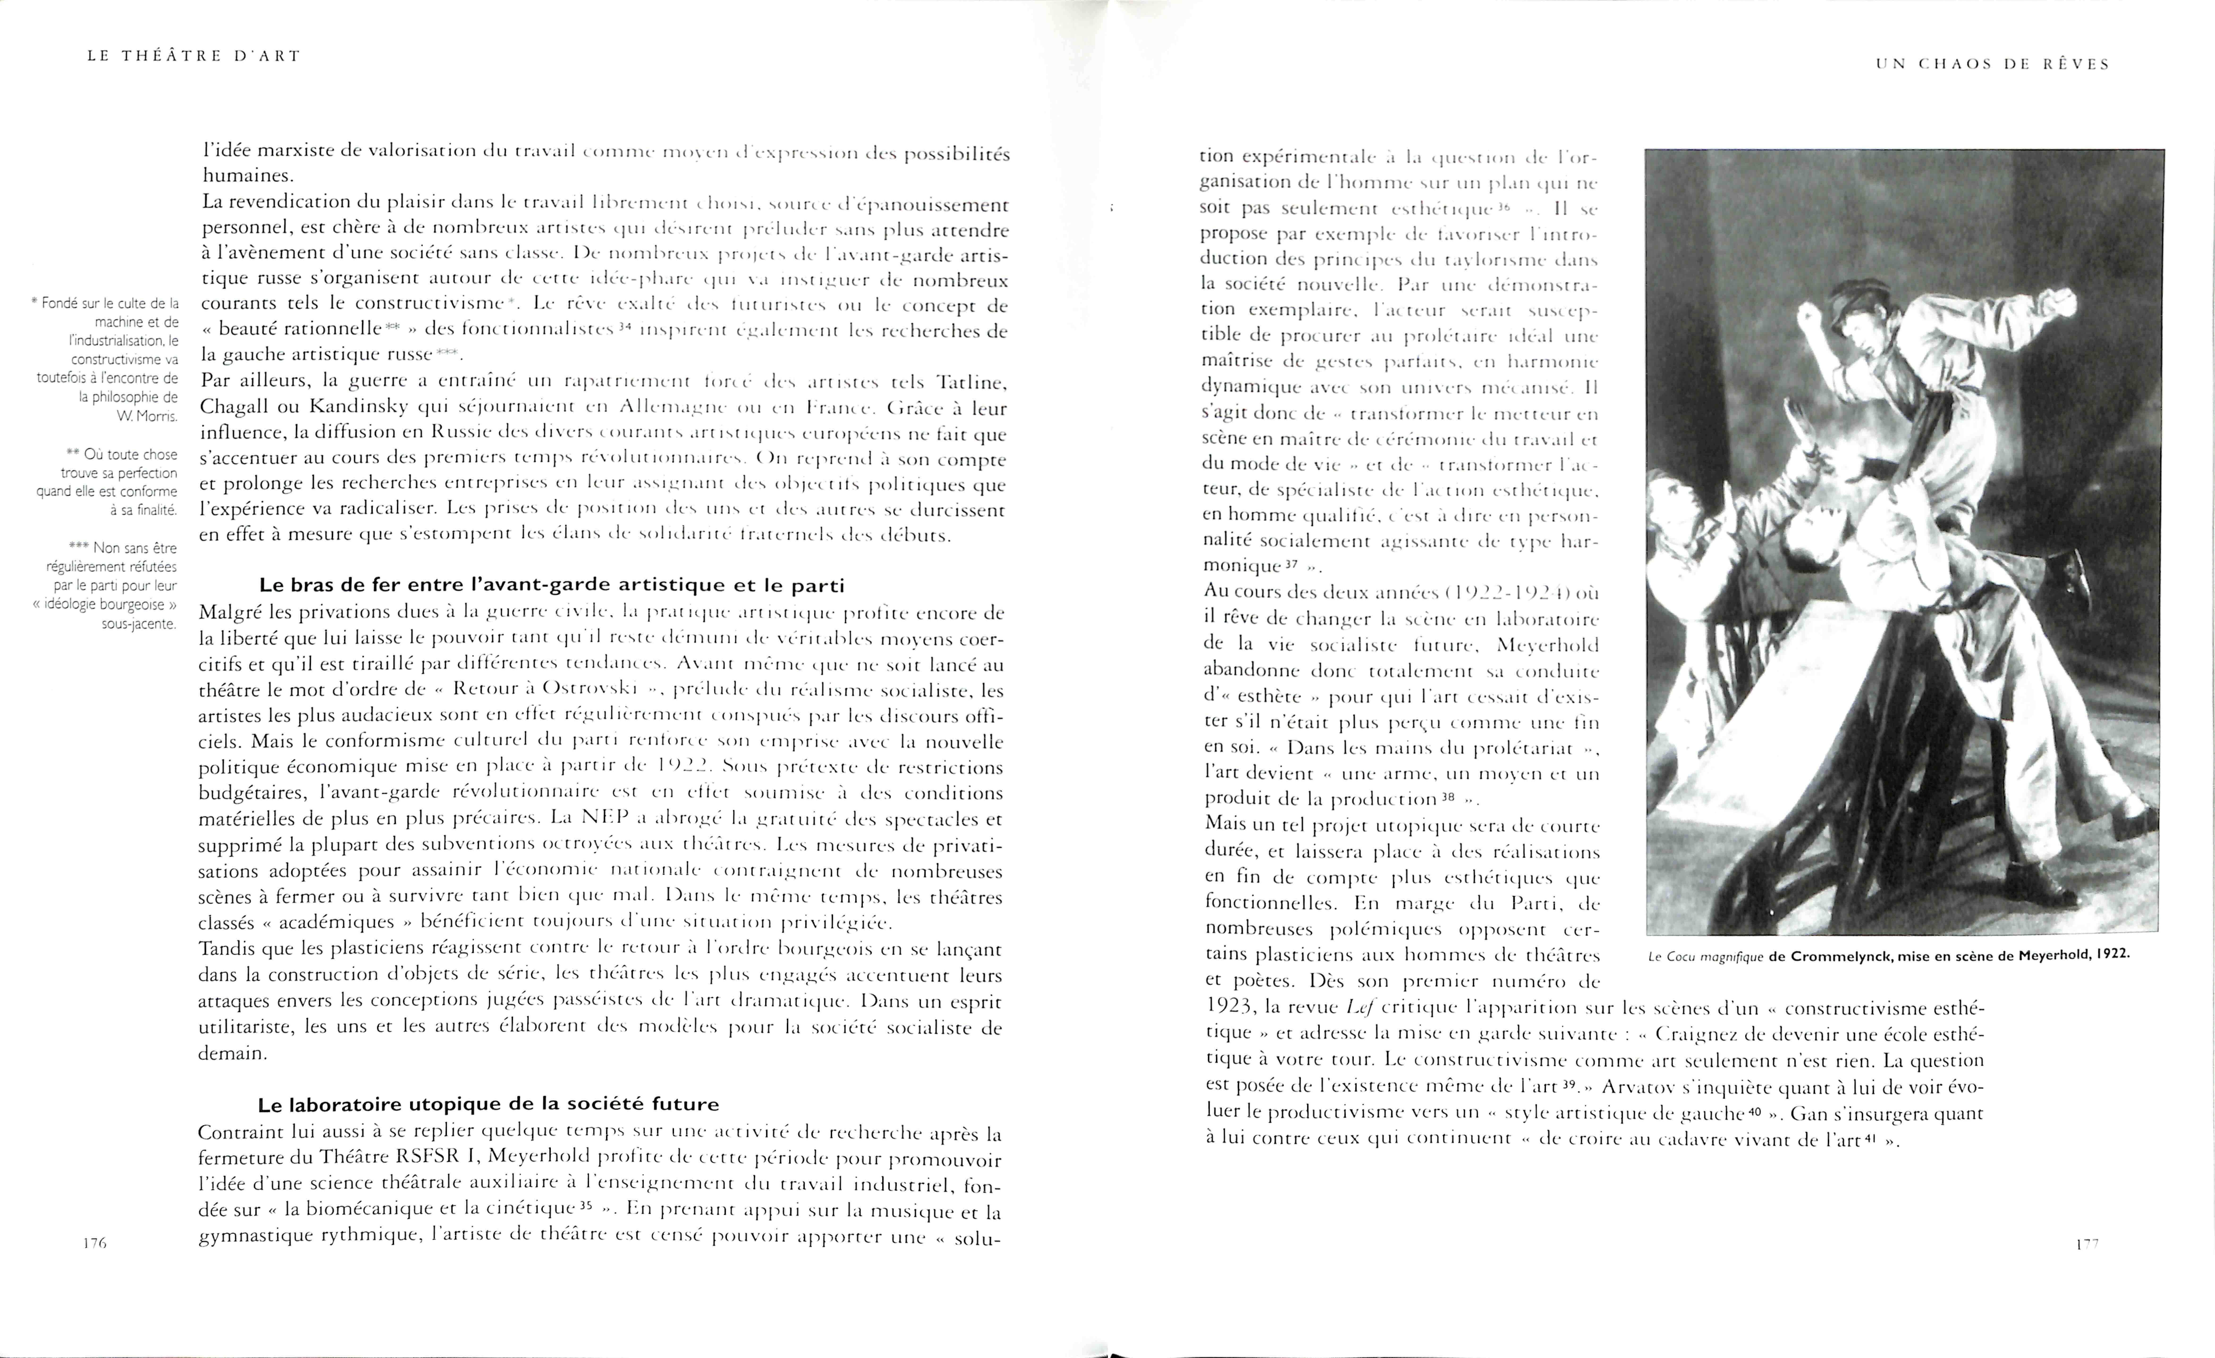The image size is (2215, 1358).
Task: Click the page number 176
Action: click(94, 1243)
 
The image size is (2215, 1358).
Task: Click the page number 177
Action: click(2086, 1244)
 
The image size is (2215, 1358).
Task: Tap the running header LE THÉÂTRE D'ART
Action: click(193, 56)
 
